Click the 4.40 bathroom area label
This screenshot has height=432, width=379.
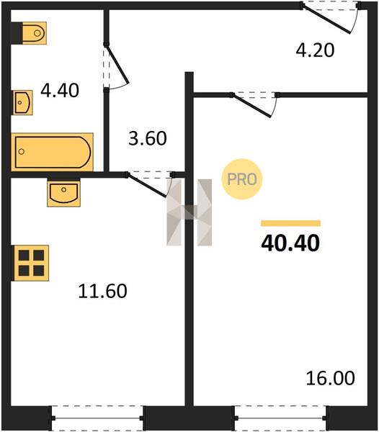pyautogui.click(x=60, y=91)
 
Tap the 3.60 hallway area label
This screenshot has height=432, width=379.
pyautogui.click(x=148, y=138)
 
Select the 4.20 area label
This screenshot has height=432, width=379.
pyautogui.click(x=315, y=50)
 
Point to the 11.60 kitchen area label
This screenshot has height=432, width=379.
pyautogui.click(x=102, y=291)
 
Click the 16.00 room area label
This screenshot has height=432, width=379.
pyautogui.click(x=331, y=378)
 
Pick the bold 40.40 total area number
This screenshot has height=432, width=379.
pyautogui.click(x=290, y=243)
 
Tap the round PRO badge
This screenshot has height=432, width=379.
pyautogui.click(x=241, y=179)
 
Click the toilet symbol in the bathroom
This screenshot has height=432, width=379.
pyautogui.click(x=34, y=33)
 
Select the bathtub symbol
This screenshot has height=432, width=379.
pyautogui.click(x=52, y=152)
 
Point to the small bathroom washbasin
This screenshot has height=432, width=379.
pyautogui.click(x=22, y=102)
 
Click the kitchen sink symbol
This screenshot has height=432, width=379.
pyautogui.click(x=63, y=193)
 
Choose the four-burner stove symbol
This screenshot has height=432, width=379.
pyautogui.click(x=31, y=263)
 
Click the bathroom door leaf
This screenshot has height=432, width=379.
pyautogui.click(x=117, y=65)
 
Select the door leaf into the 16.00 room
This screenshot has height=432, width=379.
pyautogui.click(x=251, y=106)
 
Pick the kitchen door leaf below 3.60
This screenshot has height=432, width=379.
pyautogui.click(x=147, y=186)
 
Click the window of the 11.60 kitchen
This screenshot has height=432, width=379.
pyautogui.click(x=97, y=418)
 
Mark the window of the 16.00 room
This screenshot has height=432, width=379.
pyautogui.click(x=280, y=418)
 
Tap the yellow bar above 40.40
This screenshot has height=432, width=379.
pyautogui.click(x=291, y=223)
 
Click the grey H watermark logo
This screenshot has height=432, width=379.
pyautogui.click(x=189, y=212)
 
